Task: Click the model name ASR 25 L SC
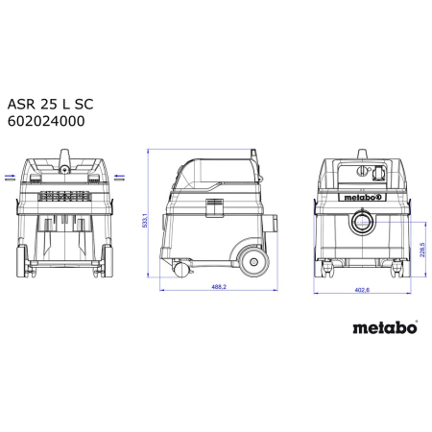pos(50,105)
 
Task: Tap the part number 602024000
pos(46,121)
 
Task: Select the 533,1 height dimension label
pos(145,221)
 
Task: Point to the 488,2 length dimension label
pos(219,287)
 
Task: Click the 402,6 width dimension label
pos(362,290)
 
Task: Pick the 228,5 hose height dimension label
pos(422,250)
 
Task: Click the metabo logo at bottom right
pos(385,327)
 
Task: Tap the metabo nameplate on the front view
pos(362,197)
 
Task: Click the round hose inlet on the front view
pos(362,222)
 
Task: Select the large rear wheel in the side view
pos(253,262)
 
